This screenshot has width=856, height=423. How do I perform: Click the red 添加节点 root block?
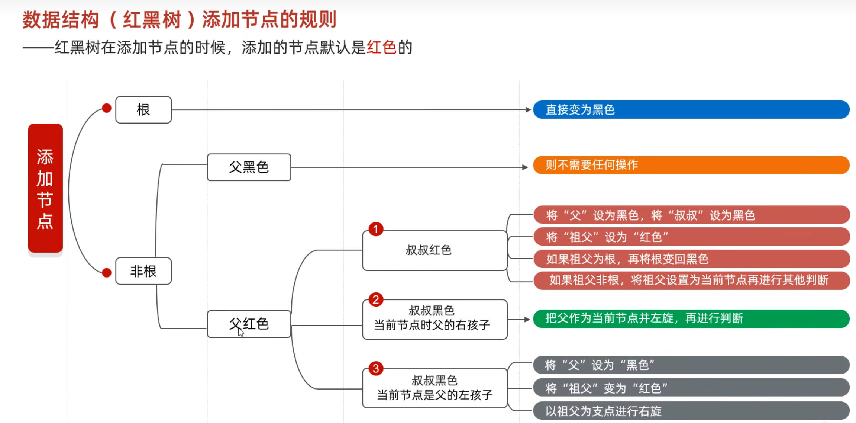click(45, 188)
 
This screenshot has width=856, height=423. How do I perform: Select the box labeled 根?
click(143, 110)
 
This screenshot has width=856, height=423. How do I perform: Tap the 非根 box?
click(143, 271)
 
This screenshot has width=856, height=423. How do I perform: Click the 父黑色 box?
click(249, 167)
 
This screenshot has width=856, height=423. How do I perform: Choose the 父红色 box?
click(249, 324)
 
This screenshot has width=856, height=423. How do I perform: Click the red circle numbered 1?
click(376, 230)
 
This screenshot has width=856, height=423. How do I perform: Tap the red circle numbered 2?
click(376, 299)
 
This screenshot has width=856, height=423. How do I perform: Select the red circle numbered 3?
click(376, 369)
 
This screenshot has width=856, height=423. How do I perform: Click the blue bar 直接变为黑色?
click(691, 110)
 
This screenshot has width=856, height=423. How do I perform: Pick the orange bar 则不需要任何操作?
click(691, 165)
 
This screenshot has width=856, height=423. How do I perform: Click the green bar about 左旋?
click(691, 319)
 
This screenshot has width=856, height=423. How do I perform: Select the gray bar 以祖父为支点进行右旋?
click(691, 411)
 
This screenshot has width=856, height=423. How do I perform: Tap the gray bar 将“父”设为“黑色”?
click(691, 365)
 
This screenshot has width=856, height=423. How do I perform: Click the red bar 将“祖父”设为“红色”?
click(691, 237)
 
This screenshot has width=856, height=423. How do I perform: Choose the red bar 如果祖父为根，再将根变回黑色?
click(691, 259)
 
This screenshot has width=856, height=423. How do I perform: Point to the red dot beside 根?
click(107, 108)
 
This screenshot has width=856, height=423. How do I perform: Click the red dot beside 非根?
click(107, 273)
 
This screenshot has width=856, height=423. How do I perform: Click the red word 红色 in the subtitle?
click(381, 48)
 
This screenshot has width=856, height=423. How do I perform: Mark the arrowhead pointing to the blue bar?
click(528, 110)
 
